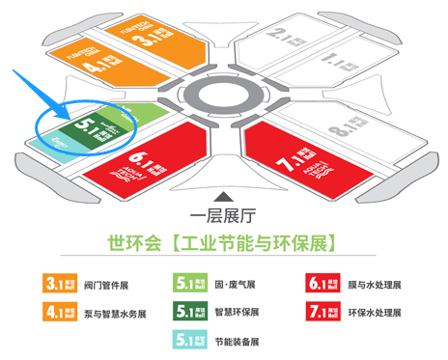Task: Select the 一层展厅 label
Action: (224, 212)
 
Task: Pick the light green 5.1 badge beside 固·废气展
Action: (191, 284)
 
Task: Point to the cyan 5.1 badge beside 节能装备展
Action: (191, 340)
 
